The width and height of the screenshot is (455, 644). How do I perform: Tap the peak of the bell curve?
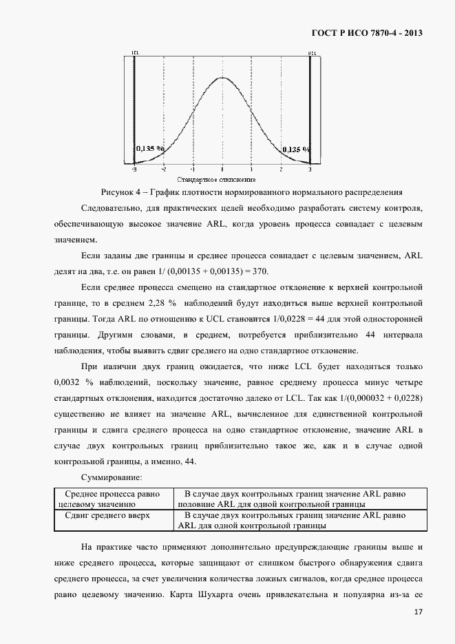click(x=222, y=77)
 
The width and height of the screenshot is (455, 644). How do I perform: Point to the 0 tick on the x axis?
click(x=222, y=169)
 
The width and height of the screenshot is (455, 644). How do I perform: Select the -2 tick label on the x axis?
click(x=163, y=169)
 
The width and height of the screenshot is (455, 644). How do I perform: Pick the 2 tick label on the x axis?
click(x=281, y=169)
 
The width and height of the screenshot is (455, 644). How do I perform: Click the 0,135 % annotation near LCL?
click(x=150, y=148)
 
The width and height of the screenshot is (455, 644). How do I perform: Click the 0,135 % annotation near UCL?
click(x=296, y=148)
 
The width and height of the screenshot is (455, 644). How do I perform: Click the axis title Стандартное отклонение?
click(x=222, y=178)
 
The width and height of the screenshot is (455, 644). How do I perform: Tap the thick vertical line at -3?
click(x=134, y=110)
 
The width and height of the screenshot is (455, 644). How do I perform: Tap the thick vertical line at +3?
click(x=310, y=110)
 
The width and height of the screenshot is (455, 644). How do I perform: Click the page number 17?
click(x=418, y=612)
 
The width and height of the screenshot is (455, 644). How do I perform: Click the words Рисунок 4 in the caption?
click(x=120, y=192)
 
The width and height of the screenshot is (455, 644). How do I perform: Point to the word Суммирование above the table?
click(x=112, y=477)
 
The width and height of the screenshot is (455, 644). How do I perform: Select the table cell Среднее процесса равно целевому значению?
click(x=112, y=499)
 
